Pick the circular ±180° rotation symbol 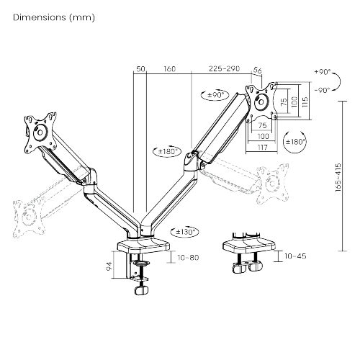point(295,140)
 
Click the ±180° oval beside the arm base point(186,232)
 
